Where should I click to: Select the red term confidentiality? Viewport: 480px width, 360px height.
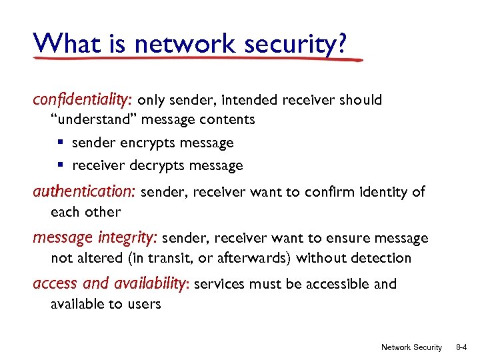click(x=83, y=100)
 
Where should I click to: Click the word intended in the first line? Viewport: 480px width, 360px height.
click(x=249, y=101)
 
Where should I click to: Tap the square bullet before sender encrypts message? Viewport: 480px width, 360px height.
click(x=60, y=143)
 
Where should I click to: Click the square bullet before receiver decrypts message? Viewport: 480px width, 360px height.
click(x=60, y=165)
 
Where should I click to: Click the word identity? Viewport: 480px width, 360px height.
click(x=377, y=193)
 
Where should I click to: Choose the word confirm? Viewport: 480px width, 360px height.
click(x=327, y=193)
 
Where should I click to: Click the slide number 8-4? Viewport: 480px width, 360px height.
click(x=461, y=347)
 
